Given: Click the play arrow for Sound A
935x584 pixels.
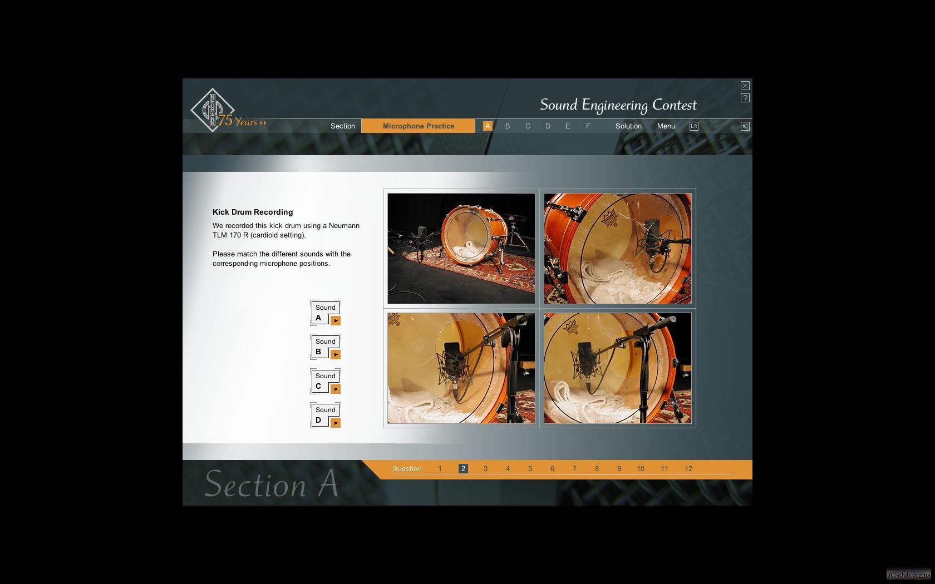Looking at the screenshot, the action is click(336, 321).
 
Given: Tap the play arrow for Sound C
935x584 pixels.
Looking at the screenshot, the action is click(336, 389).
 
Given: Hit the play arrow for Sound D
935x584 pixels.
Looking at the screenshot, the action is click(336, 423).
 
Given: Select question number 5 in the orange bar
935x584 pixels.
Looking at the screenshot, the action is click(530, 468).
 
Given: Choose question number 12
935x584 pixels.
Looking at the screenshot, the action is click(688, 468).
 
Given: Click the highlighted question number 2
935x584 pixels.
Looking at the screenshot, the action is click(463, 468).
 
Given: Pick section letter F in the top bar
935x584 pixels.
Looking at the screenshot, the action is click(588, 126).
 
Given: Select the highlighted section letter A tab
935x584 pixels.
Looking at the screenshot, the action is click(488, 126).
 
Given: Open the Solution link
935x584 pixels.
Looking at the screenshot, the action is click(628, 126).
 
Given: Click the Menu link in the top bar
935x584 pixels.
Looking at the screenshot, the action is click(666, 126).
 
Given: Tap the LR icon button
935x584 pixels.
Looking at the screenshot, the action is click(693, 126).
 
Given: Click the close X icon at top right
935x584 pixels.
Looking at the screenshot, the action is click(745, 86).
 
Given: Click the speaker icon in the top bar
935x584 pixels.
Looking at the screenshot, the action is click(745, 126).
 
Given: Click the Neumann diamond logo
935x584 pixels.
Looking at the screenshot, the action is click(213, 110).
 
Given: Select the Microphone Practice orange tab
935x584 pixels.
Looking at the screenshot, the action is click(419, 126).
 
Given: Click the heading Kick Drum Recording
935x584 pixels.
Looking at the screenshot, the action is click(253, 212).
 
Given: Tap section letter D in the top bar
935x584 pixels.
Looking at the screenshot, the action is click(548, 126).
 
